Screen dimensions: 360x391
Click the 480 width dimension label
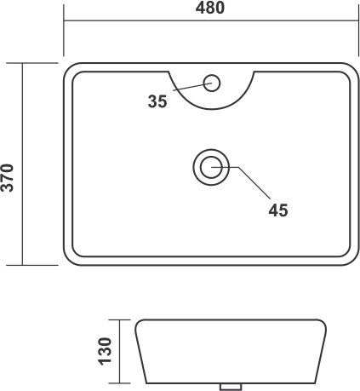[x=210, y=8]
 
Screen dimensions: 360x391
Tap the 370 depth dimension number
[x=8, y=178]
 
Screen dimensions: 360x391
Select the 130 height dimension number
[x=105, y=351]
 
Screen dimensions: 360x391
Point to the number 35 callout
[x=157, y=101]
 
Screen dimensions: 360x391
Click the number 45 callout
[x=278, y=210]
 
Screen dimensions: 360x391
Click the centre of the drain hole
[x=211, y=167]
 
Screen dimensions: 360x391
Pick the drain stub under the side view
[x=231, y=387]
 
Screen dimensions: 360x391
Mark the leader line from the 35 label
[x=192, y=87]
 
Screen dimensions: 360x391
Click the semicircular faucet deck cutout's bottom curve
[x=211, y=109]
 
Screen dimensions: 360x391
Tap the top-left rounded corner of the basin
[x=68, y=67]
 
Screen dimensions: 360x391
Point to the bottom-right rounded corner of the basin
[x=354, y=261]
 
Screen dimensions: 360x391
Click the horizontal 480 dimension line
[x=211, y=20]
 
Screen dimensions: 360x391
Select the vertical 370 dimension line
[x=22, y=164]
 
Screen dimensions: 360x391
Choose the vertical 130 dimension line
[x=119, y=352]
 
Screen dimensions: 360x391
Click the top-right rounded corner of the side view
[x=323, y=322]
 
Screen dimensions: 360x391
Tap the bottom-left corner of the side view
[x=146, y=383]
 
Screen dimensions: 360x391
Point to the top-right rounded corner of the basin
[x=354, y=67]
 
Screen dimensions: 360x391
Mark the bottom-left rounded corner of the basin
[x=68, y=261]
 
